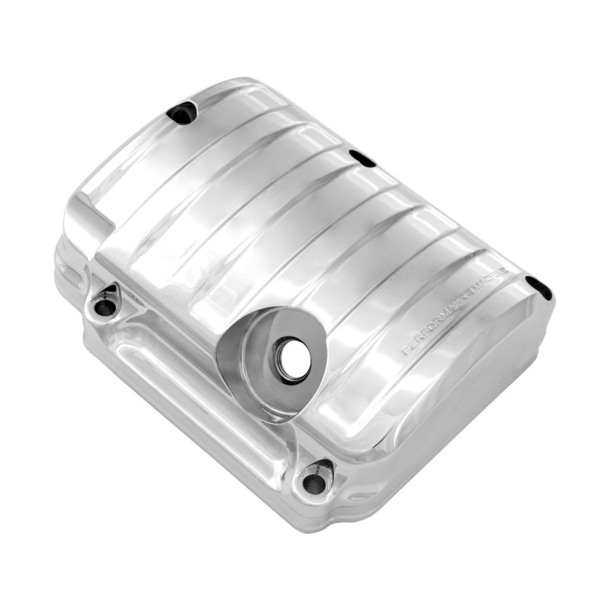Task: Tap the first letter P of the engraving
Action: click(406, 351)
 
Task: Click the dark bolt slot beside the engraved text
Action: click(538, 287)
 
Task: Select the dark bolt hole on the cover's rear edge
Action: click(361, 158)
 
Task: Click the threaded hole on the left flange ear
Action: click(104, 307)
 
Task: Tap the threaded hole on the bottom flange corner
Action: click(312, 482)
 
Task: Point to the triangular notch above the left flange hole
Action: click(111, 290)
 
